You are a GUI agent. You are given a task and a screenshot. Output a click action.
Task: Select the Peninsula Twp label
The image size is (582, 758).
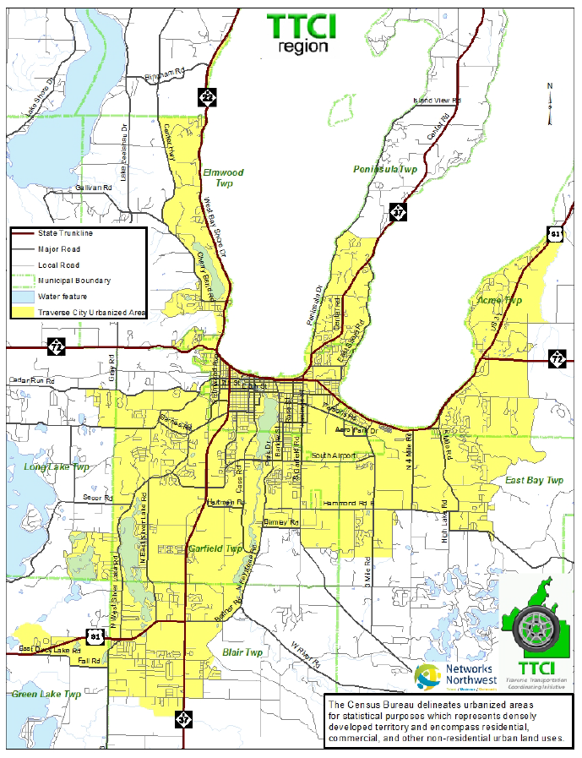(x=385, y=170)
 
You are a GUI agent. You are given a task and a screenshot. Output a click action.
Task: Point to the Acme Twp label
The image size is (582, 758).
(x=500, y=301)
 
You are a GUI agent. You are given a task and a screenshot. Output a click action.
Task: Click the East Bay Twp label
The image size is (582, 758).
(x=534, y=480)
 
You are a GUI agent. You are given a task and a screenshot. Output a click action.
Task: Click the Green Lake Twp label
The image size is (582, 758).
(x=46, y=694)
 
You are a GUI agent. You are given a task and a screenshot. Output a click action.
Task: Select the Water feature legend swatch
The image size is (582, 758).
(x=23, y=297)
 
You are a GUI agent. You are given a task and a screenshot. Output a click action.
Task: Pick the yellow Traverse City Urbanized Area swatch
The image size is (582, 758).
(x=23, y=313)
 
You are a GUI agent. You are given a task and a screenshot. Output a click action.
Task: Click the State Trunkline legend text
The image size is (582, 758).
(x=65, y=233)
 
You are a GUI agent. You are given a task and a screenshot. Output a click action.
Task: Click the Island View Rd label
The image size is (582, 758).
(x=436, y=101)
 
